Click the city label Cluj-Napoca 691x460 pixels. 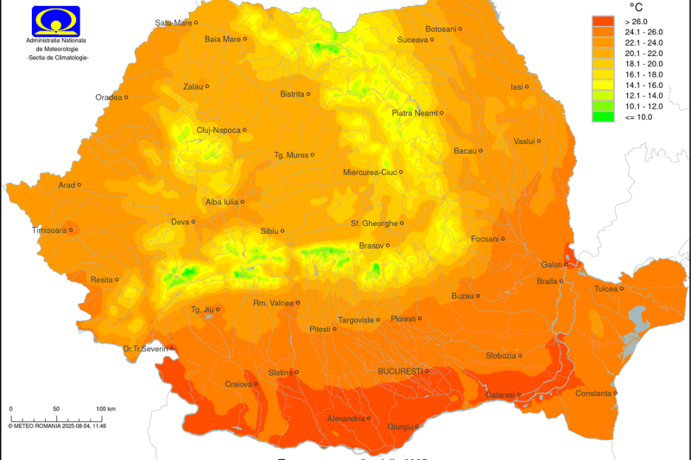click(219, 130)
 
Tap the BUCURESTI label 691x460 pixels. click(400, 371)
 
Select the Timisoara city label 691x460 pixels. click(48, 230)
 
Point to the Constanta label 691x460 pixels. click(593, 394)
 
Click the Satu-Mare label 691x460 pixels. click(173, 22)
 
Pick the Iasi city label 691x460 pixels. click(517, 87)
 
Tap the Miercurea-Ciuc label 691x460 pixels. click(370, 172)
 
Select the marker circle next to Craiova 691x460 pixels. click(256, 384)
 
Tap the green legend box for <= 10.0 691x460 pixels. click(603, 116)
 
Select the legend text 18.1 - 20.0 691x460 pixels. click(637, 63)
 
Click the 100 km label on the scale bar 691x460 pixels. click(105, 408)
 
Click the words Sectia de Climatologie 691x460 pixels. click(58, 57)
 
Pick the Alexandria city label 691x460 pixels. click(345, 419)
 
